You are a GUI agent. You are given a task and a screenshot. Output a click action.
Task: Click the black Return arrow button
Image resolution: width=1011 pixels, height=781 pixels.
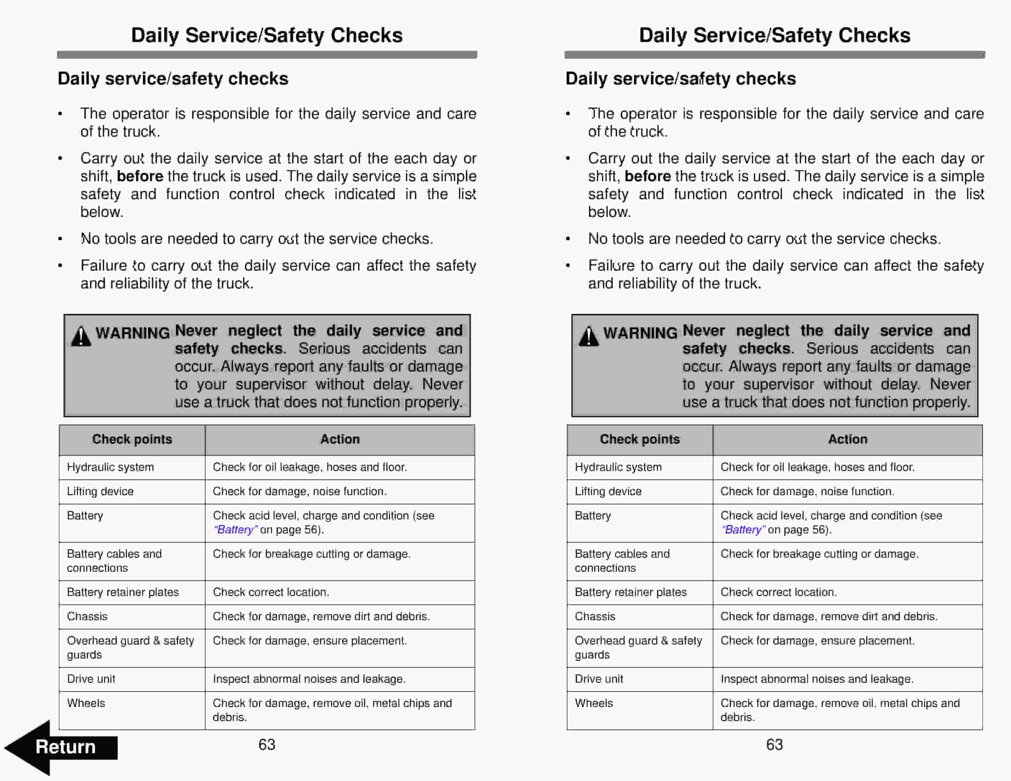tap(60, 747)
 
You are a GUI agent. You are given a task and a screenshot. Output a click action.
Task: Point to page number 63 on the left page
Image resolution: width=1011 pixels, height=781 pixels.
tap(267, 744)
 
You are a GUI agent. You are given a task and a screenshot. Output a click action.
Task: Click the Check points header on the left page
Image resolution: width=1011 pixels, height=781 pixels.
tap(132, 439)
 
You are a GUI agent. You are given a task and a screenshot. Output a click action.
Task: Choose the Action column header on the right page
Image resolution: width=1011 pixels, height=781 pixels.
tap(848, 439)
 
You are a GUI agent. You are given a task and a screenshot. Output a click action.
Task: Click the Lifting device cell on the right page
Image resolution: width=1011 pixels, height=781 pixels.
tap(608, 491)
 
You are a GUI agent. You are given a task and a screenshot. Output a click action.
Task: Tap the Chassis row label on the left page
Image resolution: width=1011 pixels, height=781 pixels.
tap(87, 616)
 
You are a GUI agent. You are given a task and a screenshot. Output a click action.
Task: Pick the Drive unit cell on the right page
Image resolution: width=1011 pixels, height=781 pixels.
tap(599, 679)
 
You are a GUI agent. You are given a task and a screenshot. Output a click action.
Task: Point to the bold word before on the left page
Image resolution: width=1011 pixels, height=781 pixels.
tap(140, 176)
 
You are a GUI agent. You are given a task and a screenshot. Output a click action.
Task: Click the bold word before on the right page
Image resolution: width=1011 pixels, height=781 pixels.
tap(648, 176)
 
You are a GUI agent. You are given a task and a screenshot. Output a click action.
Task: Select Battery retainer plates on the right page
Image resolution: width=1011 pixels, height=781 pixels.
tap(631, 592)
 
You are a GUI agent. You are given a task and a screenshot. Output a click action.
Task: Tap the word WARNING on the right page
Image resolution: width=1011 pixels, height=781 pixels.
tap(640, 333)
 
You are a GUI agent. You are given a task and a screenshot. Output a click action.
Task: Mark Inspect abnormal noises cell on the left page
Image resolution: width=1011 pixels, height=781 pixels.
tap(309, 679)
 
